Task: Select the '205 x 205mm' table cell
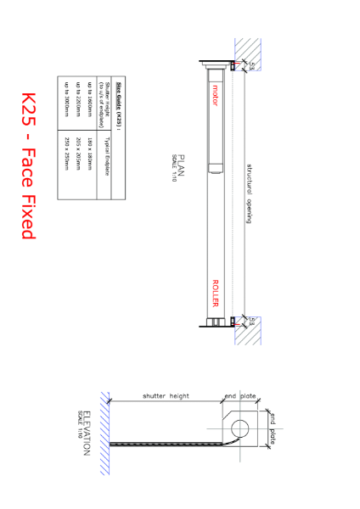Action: click(x=82, y=145)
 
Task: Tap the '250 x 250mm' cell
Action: click(x=66, y=145)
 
